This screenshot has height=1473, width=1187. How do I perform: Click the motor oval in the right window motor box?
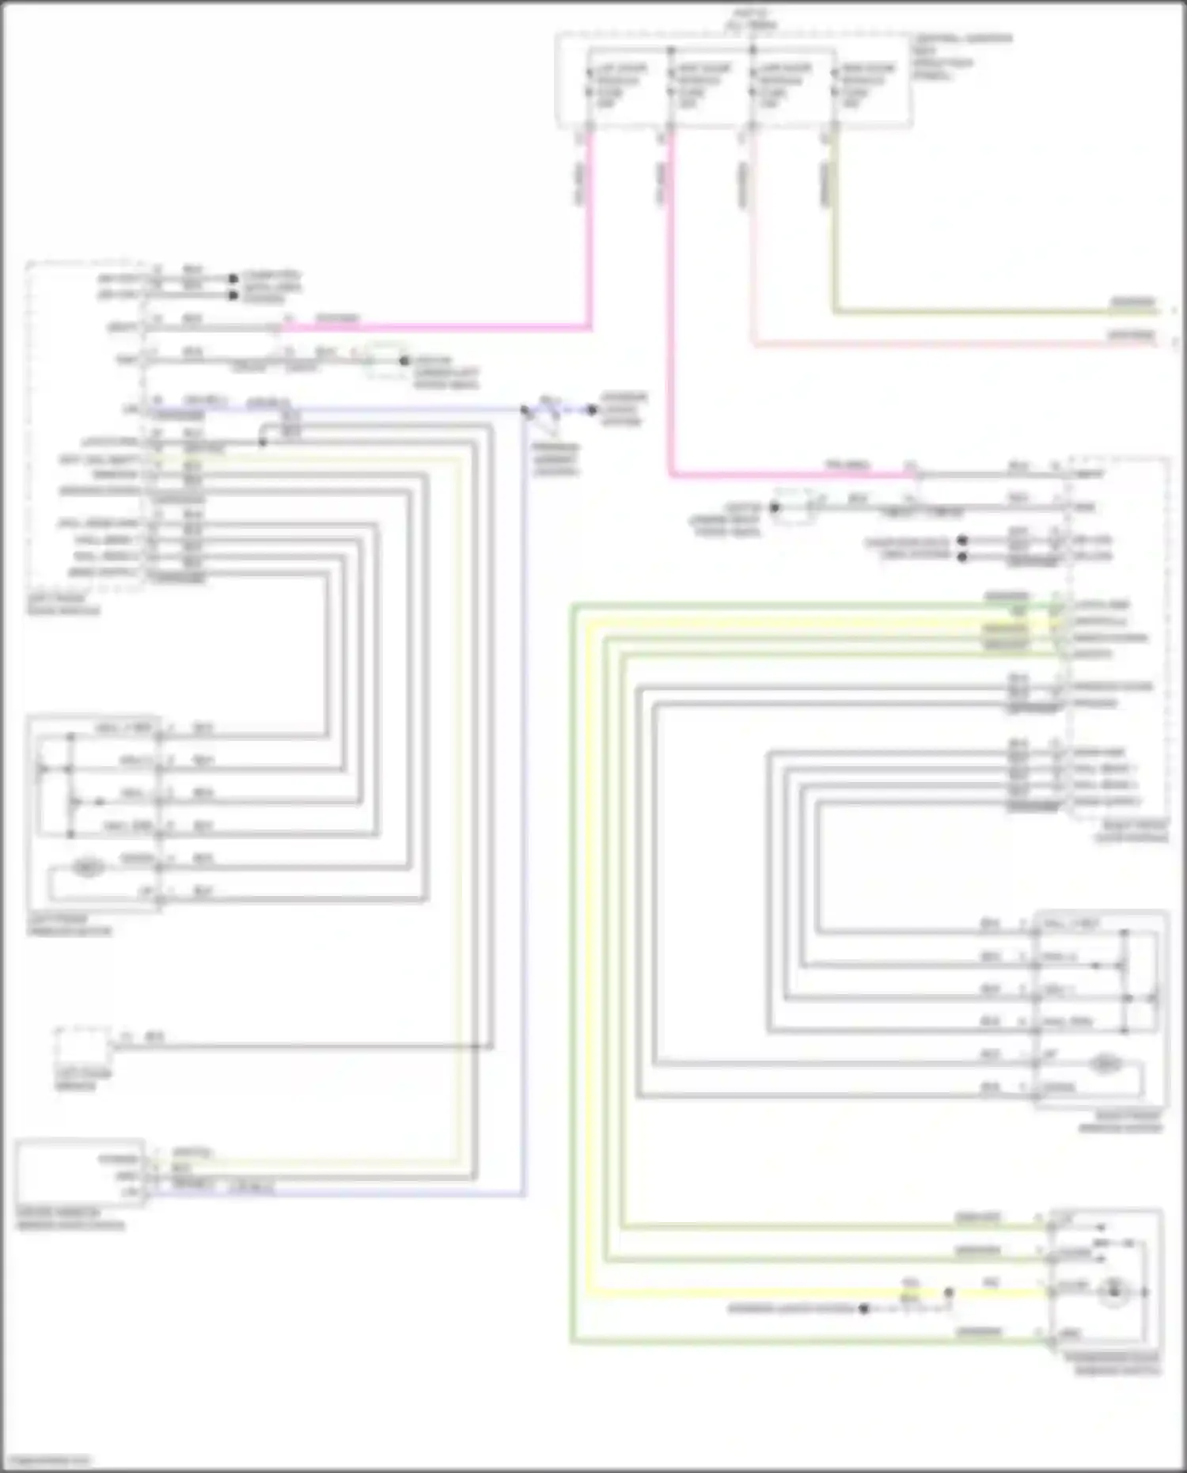[x=1105, y=1065]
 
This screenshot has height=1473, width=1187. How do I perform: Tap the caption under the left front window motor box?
[x=69, y=925]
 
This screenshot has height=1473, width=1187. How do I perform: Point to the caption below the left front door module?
[x=63, y=605]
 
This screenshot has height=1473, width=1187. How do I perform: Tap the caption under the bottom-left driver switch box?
[x=70, y=1219]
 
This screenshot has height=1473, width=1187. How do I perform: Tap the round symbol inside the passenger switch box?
[x=1113, y=1292]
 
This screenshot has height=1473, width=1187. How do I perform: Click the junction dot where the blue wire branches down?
[x=525, y=410]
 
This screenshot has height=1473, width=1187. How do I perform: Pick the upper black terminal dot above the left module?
[x=233, y=279]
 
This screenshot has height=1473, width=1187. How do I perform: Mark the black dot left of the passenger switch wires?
[x=864, y=1309]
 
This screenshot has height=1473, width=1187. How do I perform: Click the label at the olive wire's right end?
[x=1133, y=302]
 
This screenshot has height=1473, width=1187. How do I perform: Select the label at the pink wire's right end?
[x=1132, y=336]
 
